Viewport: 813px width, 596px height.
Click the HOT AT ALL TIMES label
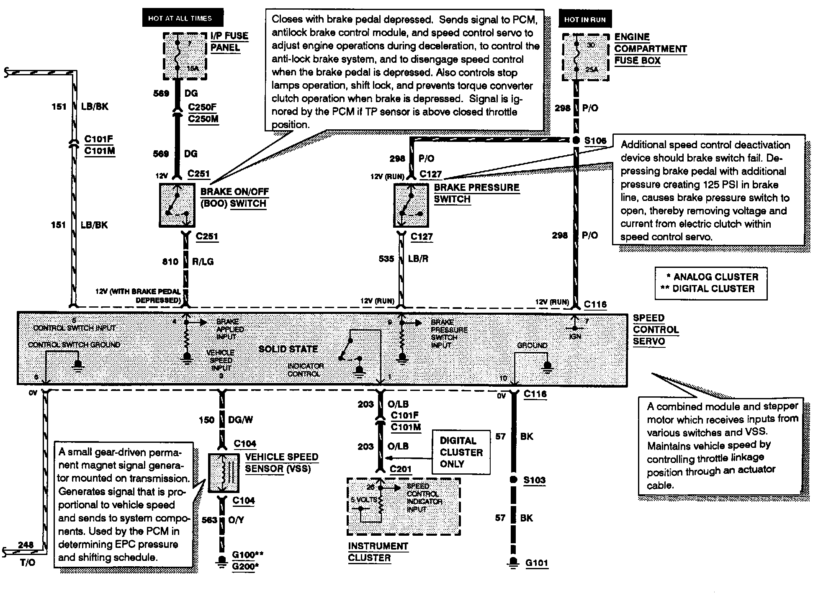(183, 18)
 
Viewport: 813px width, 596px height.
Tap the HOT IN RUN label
(584, 20)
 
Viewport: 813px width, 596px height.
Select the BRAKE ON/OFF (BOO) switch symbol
(177, 205)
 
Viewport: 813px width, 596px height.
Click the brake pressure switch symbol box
(411, 205)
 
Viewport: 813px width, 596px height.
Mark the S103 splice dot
(513, 480)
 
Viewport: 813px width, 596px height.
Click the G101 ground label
(537, 563)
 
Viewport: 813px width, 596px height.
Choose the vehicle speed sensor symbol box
(224, 473)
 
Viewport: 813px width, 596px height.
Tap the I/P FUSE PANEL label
(229, 42)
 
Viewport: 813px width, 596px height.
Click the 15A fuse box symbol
(184, 56)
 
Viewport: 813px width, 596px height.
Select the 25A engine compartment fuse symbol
(585, 57)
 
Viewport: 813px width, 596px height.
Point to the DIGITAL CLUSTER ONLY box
(461, 452)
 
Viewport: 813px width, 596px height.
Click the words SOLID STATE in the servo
(288, 349)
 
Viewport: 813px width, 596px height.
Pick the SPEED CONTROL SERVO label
(655, 329)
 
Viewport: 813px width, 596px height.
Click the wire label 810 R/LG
(188, 262)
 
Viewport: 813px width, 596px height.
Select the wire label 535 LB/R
(403, 259)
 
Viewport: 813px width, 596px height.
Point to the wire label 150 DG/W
(224, 420)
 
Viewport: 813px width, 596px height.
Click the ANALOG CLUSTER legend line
(712, 277)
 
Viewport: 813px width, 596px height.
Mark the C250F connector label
(202, 107)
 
